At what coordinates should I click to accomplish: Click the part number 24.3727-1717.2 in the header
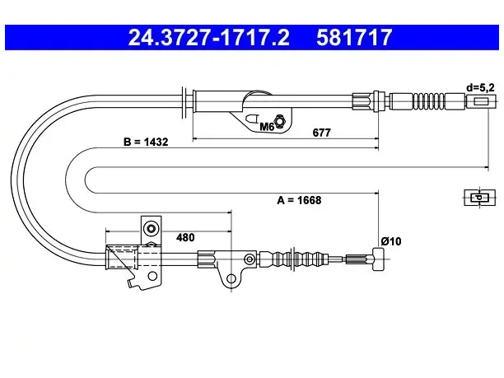209,37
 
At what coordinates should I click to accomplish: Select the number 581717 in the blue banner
354,37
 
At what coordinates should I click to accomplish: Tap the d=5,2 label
480,87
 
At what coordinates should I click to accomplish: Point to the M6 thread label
267,127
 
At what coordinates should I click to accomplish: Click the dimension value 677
321,133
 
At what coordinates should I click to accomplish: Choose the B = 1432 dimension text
146,142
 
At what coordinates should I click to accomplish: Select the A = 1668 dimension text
299,200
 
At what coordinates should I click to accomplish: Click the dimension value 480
185,237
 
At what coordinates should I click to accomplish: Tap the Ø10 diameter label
391,241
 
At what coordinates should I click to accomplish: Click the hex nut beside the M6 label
280,120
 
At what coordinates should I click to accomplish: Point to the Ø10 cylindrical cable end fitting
379,259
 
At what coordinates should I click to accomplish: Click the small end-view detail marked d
479,198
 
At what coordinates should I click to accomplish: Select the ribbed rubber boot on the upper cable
429,101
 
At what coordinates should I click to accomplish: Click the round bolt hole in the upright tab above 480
151,229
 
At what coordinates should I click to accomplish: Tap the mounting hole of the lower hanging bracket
231,278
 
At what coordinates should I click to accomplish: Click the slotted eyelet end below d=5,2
481,101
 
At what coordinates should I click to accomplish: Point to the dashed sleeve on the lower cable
123,257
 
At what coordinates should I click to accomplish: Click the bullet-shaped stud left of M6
252,119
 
